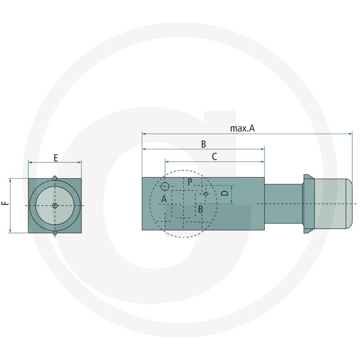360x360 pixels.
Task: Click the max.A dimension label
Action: point(242,128)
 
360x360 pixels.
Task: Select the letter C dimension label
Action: point(214,157)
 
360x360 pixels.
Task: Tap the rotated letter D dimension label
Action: point(225,193)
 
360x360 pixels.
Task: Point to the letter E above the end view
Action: point(56,158)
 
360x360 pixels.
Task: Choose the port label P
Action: point(190,182)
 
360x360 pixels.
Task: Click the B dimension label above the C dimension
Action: point(203,144)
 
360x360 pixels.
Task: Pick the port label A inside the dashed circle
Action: point(164,199)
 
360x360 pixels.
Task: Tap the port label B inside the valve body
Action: point(200,209)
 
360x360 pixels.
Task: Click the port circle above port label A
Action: point(165,186)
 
